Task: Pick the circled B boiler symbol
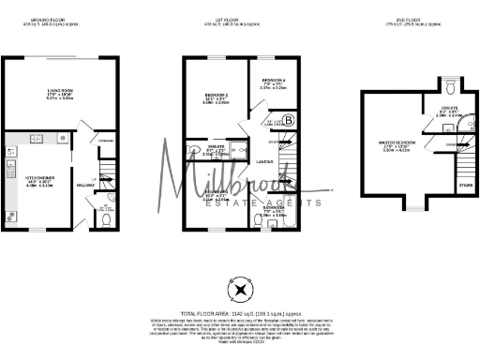coord(288,120)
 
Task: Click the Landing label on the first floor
coord(264,162)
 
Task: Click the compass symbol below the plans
coord(241,290)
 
